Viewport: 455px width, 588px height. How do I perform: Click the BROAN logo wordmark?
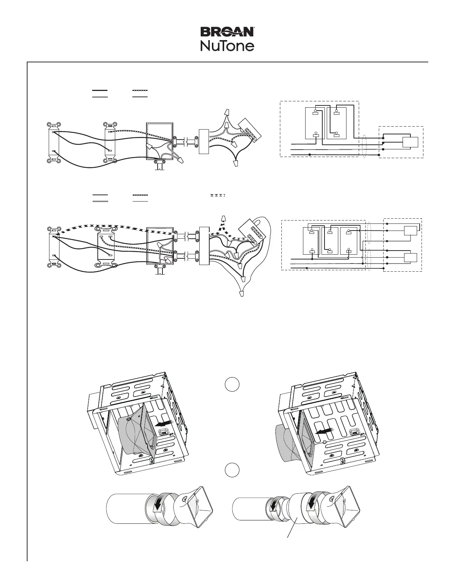click(x=227, y=32)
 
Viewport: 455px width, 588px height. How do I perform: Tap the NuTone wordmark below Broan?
click(x=227, y=46)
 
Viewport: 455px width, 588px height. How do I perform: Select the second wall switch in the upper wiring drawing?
click(x=110, y=142)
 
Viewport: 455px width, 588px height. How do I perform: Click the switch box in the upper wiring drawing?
click(x=160, y=141)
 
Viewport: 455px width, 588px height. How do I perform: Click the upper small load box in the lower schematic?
click(x=410, y=231)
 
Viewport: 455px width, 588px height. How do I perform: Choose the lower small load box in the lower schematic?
click(x=410, y=257)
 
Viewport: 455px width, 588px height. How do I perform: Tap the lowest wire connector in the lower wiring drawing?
click(x=242, y=294)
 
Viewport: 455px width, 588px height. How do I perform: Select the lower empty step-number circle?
click(x=231, y=470)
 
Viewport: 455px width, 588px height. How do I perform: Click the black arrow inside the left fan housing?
click(x=164, y=423)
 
